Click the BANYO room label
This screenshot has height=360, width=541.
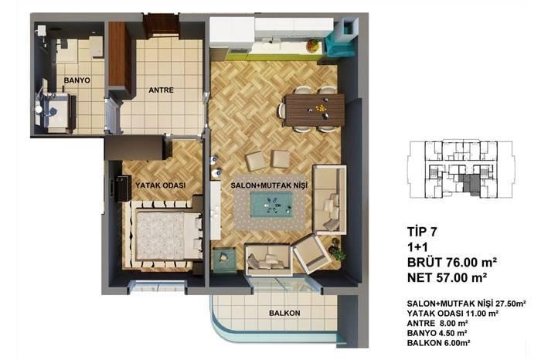click(x=77, y=80)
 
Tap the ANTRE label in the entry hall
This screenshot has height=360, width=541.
click(x=161, y=90)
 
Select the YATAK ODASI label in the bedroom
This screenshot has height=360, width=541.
click(x=161, y=185)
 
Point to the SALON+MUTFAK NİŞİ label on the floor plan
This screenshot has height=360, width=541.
click(x=269, y=185)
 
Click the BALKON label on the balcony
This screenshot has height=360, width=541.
click(x=284, y=313)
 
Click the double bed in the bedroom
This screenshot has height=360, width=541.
click(x=167, y=235)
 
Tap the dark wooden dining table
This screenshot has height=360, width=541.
click(x=314, y=110)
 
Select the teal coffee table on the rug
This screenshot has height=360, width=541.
click(x=271, y=205)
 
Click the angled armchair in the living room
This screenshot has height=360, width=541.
click(x=311, y=253)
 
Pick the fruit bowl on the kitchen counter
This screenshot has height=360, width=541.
click(x=314, y=45)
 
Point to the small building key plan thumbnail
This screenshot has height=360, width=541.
click(x=461, y=168)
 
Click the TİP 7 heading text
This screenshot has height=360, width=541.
click(x=422, y=232)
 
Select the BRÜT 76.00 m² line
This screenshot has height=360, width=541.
click(x=452, y=262)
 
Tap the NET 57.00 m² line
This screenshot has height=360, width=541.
click(x=447, y=277)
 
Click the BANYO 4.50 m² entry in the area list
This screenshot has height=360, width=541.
click(x=437, y=333)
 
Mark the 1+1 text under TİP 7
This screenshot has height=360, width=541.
click(x=417, y=247)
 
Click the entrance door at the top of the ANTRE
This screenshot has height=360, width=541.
click(x=161, y=26)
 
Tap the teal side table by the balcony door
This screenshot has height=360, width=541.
click(x=225, y=260)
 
